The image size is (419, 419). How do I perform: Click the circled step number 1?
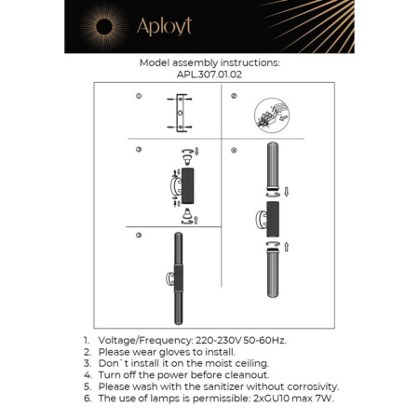pos(138,96)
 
